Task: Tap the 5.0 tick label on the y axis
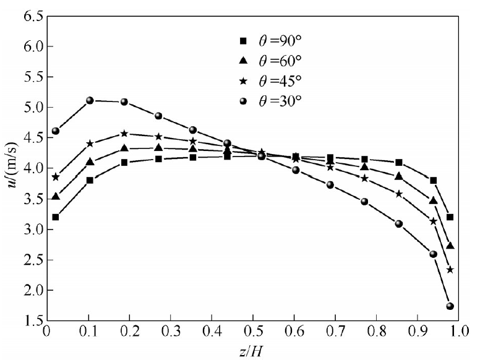(x=31, y=108)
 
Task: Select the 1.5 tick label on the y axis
(x=31, y=321)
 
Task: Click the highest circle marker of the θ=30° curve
(x=90, y=100)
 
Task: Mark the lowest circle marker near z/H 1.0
(x=450, y=306)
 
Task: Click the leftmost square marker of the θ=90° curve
(x=56, y=217)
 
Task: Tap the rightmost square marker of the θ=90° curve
(x=450, y=217)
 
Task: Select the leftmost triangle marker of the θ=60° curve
(x=56, y=197)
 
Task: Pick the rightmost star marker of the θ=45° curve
(x=450, y=270)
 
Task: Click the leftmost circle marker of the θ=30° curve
(x=56, y=131)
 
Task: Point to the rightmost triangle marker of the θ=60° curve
(x=450, y=246)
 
